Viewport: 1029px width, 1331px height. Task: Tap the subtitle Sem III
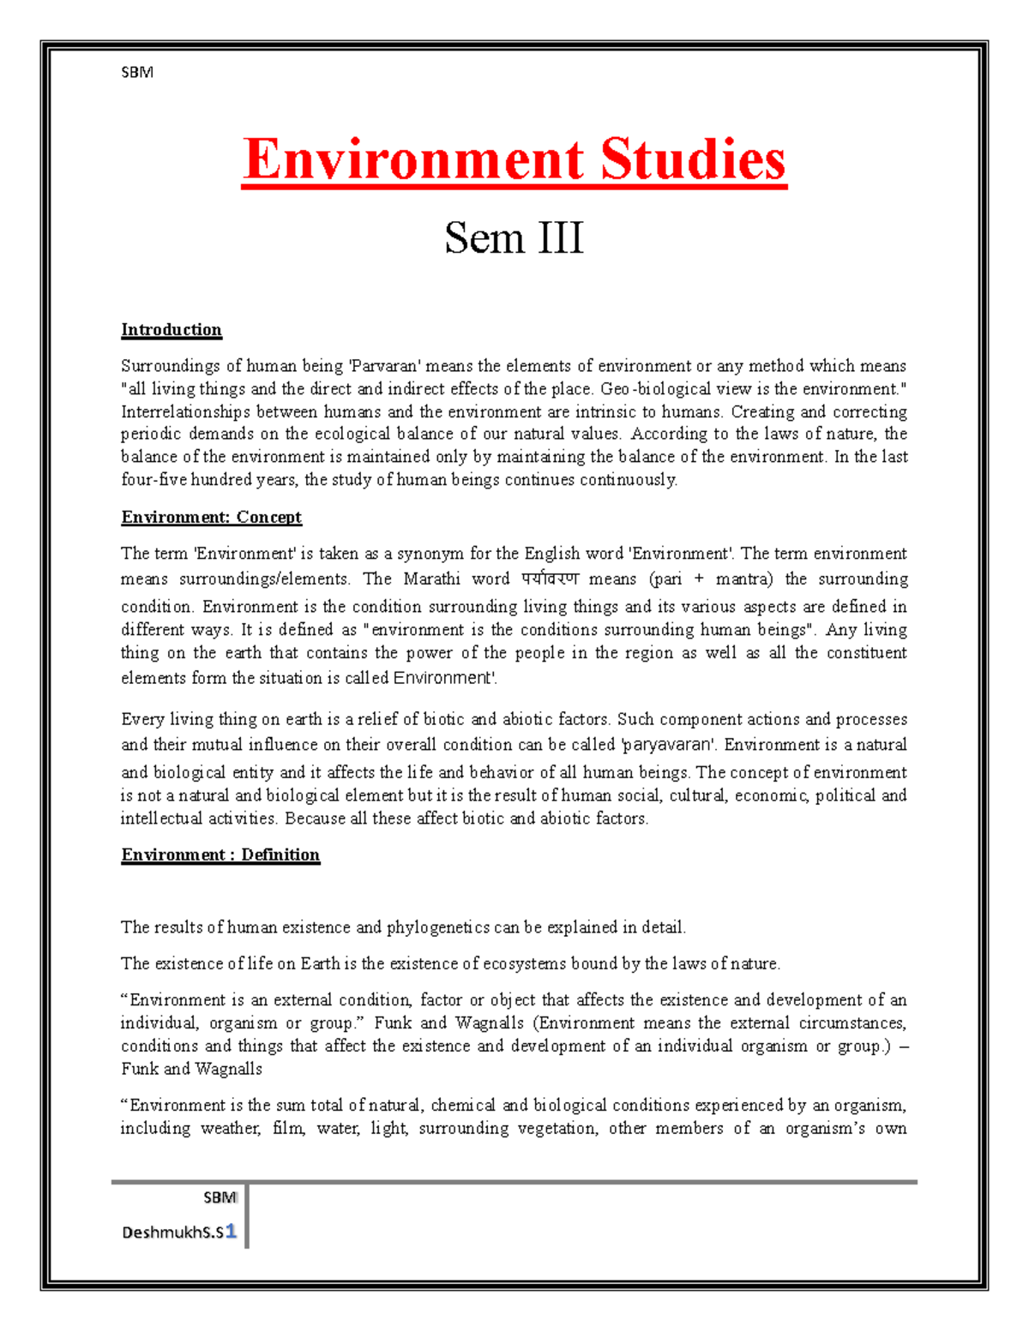514,237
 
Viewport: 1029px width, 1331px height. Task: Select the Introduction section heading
171,330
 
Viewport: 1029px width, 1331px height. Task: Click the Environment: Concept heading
211,518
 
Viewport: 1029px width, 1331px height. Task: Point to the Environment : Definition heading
220,855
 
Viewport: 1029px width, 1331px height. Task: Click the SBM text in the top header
137,73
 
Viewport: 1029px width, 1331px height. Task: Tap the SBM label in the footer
220,1197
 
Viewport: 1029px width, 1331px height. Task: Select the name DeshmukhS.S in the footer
172,1232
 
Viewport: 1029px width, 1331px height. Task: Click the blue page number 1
231,1232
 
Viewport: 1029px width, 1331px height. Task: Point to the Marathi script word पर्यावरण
550,579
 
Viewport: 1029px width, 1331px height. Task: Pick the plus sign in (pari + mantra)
699,579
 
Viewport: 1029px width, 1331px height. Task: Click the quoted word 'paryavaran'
669,745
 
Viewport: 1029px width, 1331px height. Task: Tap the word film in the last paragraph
287,1129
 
